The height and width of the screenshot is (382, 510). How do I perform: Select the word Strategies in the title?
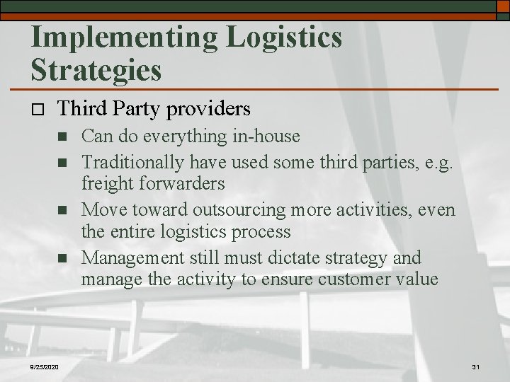pos(96,70)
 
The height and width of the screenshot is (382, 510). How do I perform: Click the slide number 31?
pos(475,366)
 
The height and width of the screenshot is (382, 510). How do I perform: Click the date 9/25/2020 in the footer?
pos(45,366)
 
